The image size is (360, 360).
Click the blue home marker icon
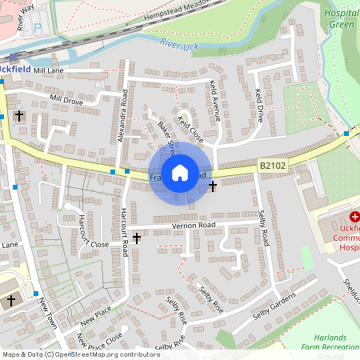point(180,173)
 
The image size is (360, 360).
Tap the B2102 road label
point(273,166)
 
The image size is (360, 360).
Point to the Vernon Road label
point(194,226)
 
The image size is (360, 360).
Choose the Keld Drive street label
point(258,105)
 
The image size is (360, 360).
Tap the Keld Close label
point(190,128)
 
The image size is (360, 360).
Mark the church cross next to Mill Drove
point(18,117)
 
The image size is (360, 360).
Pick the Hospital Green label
point(342,18)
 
